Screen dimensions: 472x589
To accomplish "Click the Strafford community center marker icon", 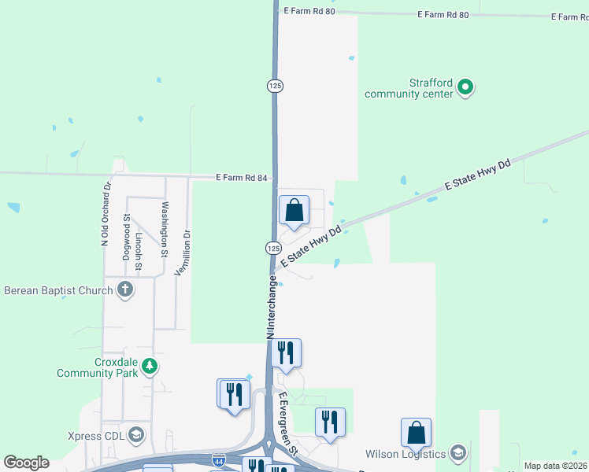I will [465, 87].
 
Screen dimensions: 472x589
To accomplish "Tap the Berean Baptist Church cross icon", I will [124, 290].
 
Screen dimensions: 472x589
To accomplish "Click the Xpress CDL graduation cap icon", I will [136, 435].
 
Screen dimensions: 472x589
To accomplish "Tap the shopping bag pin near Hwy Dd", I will [294, 211].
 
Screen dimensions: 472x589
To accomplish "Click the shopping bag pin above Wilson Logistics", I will [416, 433].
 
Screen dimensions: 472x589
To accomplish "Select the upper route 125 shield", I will [275, 86].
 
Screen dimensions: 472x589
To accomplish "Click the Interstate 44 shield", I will [219, 458].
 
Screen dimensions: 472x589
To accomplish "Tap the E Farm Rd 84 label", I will [243, 178].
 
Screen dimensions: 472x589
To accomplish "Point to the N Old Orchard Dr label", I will [104, 216].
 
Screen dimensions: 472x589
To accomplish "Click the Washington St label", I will [165, 230].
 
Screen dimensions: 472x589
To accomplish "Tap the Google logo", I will [26, 463].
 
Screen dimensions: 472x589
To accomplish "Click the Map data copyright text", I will [556, 466].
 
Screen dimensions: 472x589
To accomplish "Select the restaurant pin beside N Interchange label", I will [287, 354].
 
